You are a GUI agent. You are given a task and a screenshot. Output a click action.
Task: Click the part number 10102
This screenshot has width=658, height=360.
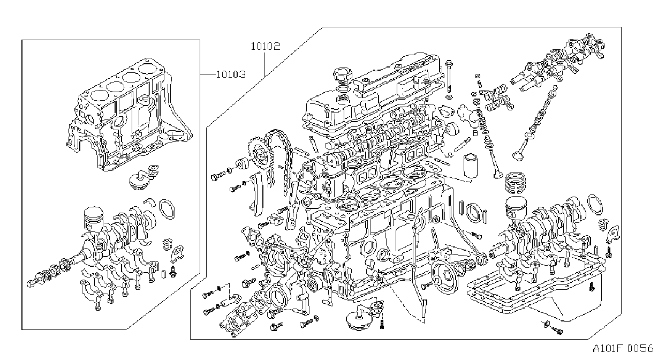[265, 46]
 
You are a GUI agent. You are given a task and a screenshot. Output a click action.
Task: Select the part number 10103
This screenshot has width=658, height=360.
[231, 74]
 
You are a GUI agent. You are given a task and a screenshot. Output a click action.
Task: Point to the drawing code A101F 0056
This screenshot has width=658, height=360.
[623, 349]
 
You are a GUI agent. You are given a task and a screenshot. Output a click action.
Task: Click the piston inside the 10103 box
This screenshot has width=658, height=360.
[93, 219]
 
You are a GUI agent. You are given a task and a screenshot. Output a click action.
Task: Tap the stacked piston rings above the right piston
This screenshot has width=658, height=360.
[515, 183]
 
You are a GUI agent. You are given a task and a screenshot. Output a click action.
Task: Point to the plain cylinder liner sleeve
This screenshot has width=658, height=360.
[470, 165]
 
